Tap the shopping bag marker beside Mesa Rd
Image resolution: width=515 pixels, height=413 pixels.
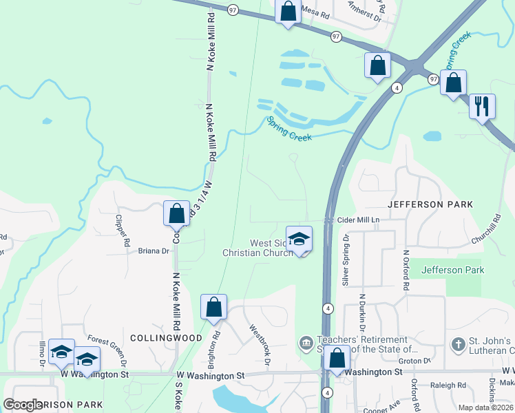click(288, 12)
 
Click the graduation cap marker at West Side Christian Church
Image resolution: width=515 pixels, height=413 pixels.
click(299, 239)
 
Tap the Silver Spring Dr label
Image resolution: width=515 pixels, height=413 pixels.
click(346, 260)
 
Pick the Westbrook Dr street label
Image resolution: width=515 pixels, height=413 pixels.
click(258, 345)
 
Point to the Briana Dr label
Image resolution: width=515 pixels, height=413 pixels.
click(154, 251)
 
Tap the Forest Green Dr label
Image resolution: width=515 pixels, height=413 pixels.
click(108, 350)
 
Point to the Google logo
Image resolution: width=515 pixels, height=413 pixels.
click(23, 405)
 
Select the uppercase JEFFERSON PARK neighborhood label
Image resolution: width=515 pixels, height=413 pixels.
click(430, 204)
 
